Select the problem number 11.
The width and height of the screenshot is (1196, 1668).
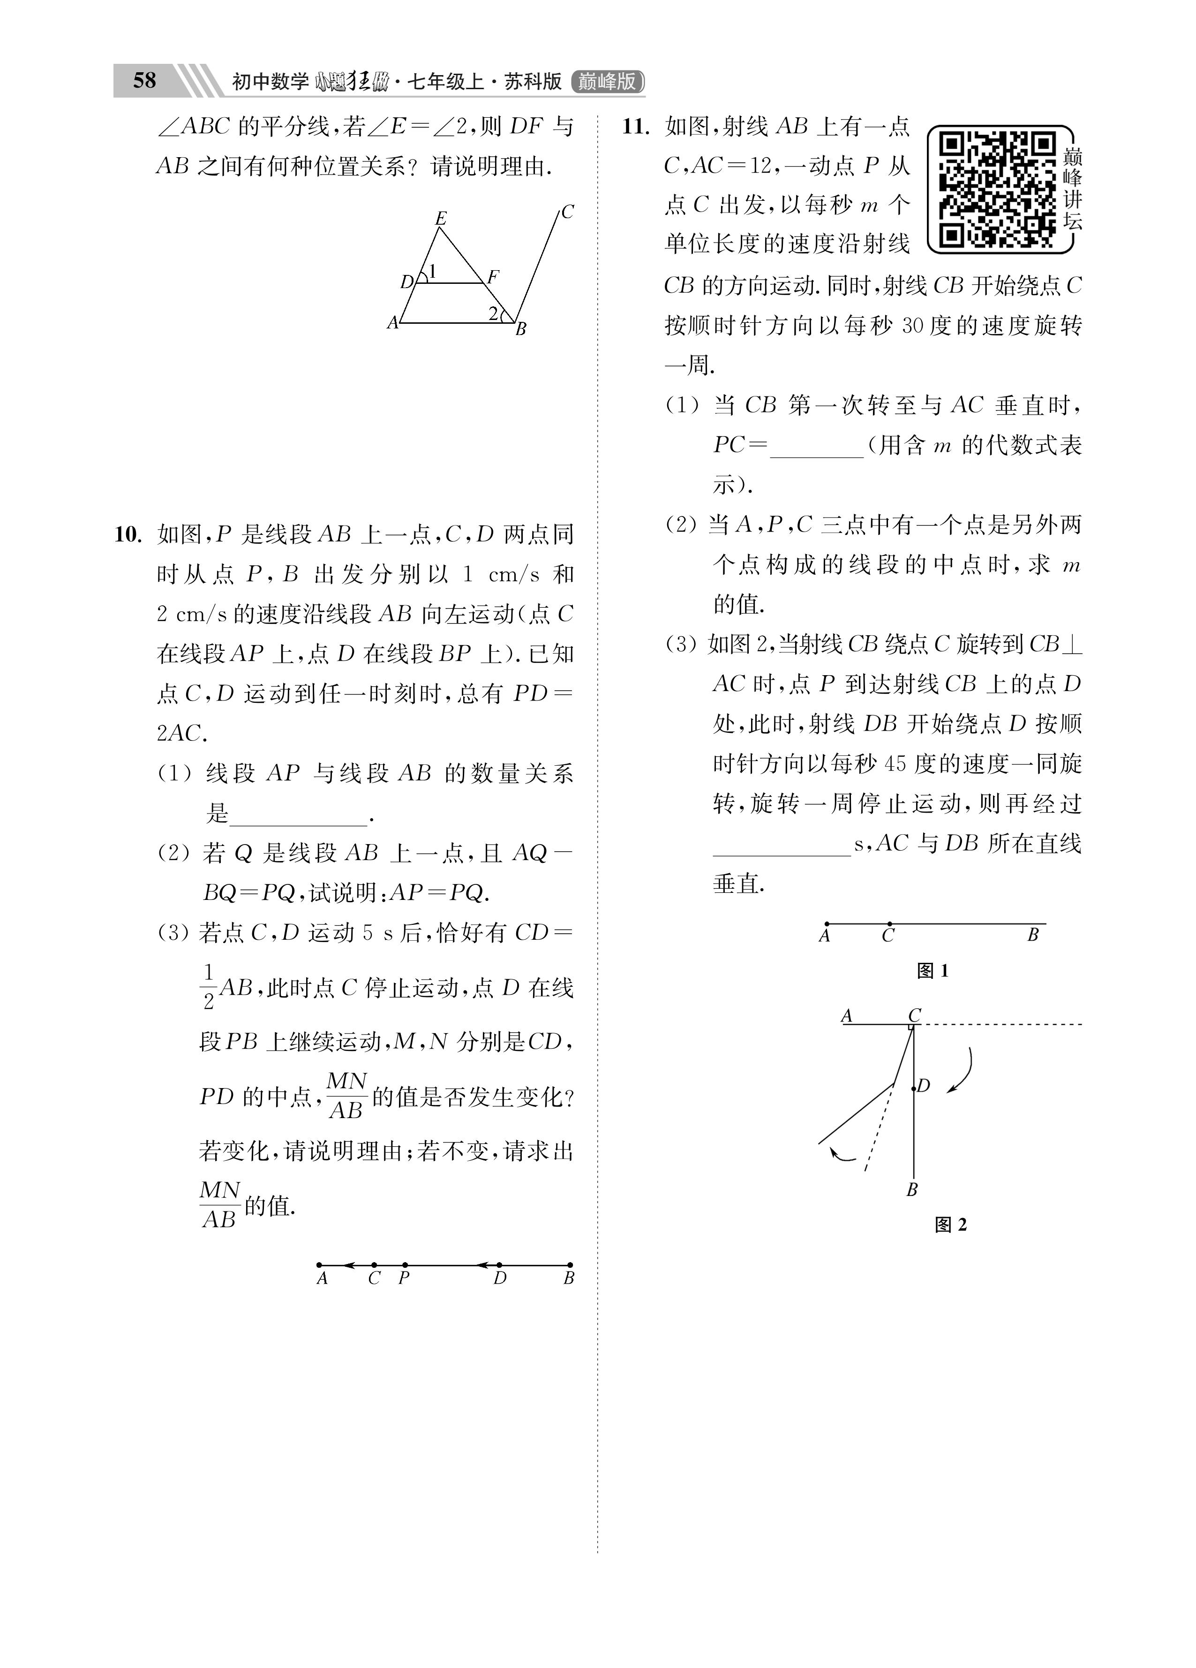636,127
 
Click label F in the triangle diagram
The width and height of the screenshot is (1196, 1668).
493,276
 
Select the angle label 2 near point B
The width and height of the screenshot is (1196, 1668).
493,313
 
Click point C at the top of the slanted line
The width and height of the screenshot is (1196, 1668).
567,212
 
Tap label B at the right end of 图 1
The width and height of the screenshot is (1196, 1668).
1033,936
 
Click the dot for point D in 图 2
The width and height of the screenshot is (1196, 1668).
914,1088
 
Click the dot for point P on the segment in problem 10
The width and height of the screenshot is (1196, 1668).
405,1265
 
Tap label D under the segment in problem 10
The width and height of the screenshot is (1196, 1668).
500,1278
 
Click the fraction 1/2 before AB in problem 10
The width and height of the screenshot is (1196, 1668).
208,986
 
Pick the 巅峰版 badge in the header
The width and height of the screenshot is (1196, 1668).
607,81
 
